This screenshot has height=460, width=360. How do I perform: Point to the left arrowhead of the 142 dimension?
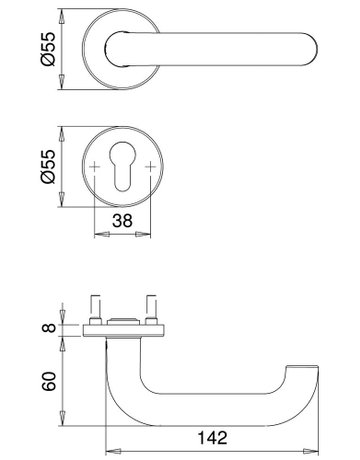tap(109, 448)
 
